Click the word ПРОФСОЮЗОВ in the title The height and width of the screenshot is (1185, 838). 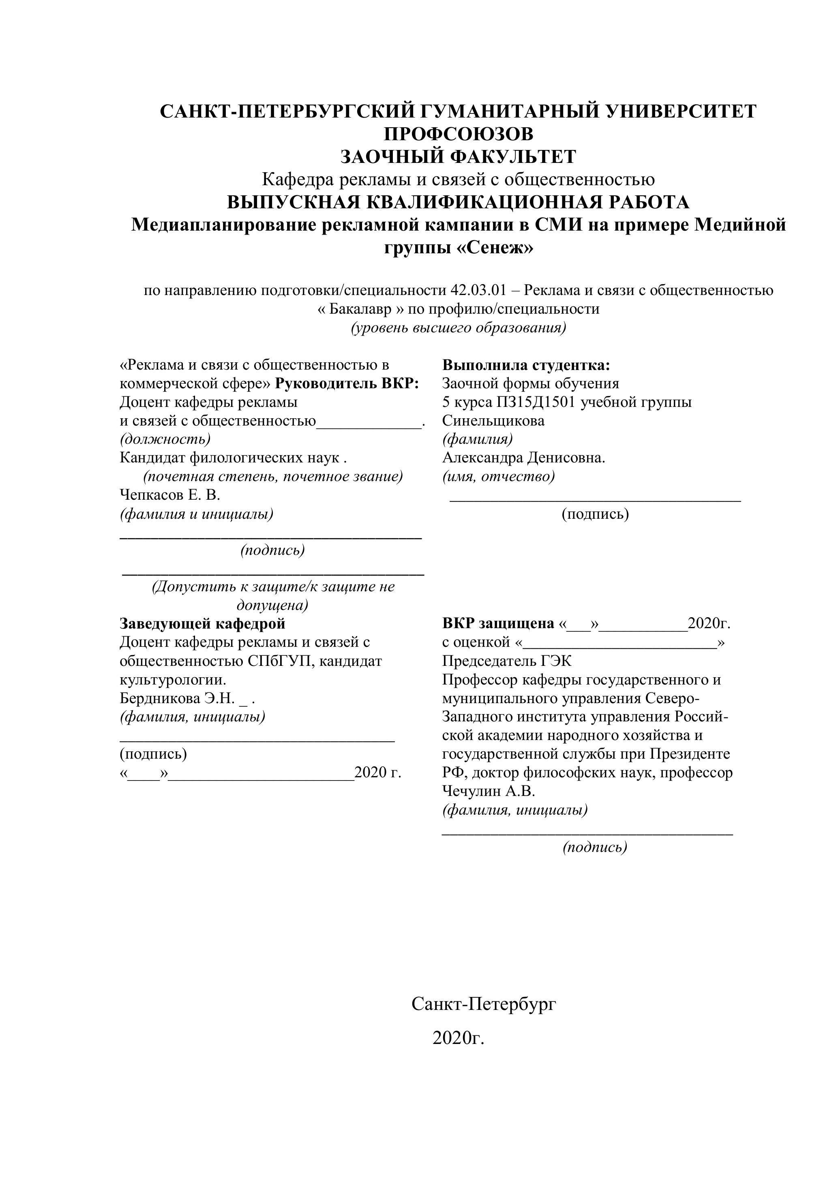pos(458,134)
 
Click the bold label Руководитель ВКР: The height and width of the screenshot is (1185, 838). pos(347,384)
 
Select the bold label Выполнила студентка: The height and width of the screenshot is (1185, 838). pos(526,366)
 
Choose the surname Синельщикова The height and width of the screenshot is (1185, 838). pos(493,421)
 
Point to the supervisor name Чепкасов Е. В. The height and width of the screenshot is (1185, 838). pos(170,495)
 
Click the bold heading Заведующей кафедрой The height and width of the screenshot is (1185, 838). pos(202,623)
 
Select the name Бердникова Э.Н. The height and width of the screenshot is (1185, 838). pos(177,699)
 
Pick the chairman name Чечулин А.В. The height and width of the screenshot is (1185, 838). pos(488,791)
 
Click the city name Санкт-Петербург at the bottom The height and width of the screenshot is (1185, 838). pos(484,1004)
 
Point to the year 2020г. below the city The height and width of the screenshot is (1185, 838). pos(459,1037)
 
